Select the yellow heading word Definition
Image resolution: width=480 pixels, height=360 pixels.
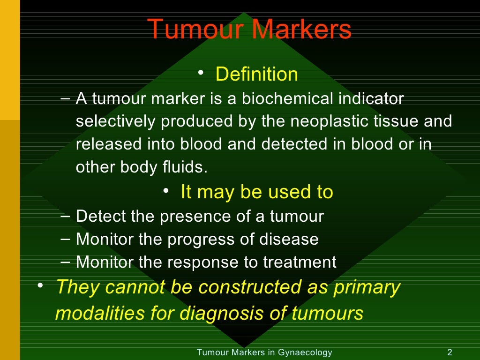pos(256,74)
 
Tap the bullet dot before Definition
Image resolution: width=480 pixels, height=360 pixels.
pos(201,73)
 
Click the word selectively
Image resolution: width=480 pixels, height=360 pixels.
pos(116,121)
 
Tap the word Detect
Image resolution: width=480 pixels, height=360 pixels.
pos(101,216)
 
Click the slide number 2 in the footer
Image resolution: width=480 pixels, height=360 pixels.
pos(450,352)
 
